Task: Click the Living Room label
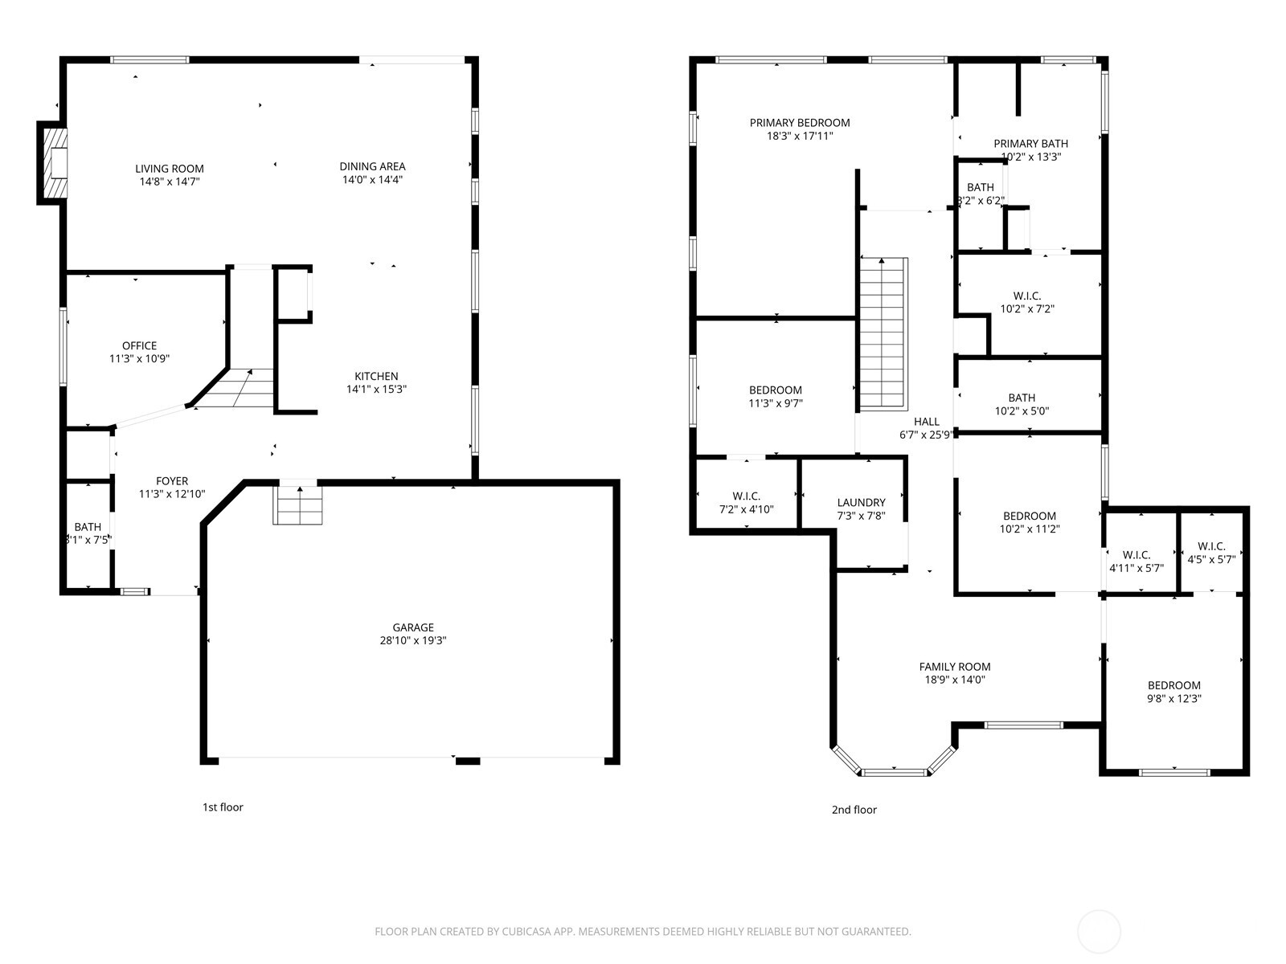click(x=169, y=169)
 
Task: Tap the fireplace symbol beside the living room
click(x=57, y=163)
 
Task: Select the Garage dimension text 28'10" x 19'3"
click(x=413, y=641)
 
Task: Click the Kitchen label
click(x=376, y=376)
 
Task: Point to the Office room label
click(x=139, y=346)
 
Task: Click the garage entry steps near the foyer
click(x=298, y=505)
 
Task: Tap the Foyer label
click(x=172, y=481)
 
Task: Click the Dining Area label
click(x=372, y=166)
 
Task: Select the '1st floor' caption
click(x=223, y=807)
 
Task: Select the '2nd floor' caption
click(x=854, y=810)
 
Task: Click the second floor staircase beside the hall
click(x=883, y=333)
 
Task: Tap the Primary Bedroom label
click(x=799, y=123)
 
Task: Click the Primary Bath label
click(x=1030, y=144)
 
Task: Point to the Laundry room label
click(x=861, y=503)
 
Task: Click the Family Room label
click(x=955, y=667)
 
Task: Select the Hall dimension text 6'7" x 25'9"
click(x=926, y=435)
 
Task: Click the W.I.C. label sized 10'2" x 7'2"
click(x=1026, y=296)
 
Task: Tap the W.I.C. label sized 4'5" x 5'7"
click(x=1210, y=547)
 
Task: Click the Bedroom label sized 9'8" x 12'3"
click(x=1173, y=685)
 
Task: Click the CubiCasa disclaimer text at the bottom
click(x=642, y=932)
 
